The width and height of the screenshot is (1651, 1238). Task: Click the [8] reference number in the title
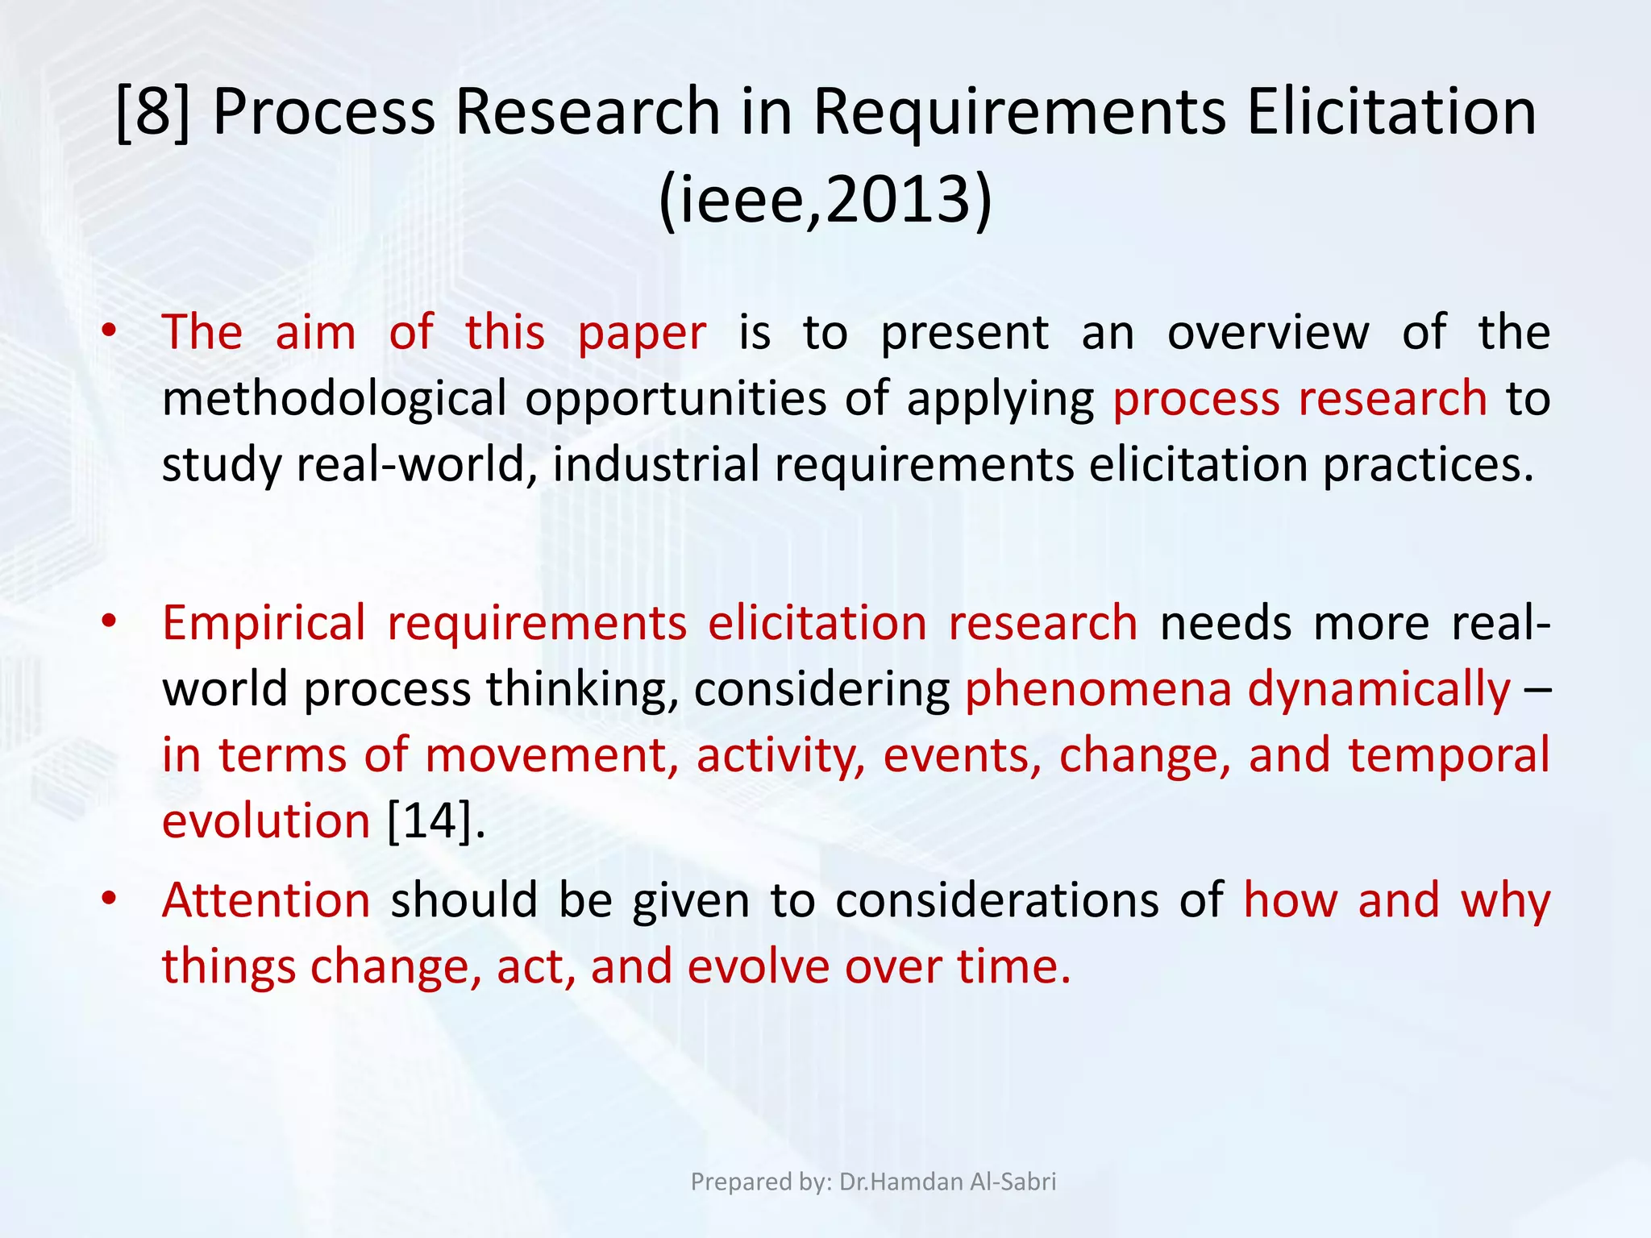pos(153,112)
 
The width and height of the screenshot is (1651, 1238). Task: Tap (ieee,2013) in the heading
pos(825,199)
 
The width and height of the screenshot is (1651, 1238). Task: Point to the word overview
pos(1268,332)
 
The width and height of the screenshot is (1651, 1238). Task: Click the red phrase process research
pos(1300,399)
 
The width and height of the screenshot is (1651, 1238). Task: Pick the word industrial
pos(655,465)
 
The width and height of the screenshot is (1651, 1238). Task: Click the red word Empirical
pos(264,623)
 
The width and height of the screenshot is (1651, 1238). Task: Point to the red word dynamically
pos(1379,689)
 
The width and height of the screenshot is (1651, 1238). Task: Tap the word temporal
pos(1449,755)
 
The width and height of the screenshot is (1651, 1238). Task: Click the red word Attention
pos(266,900)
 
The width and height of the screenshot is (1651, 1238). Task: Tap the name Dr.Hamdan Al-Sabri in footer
pos(947,1182)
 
